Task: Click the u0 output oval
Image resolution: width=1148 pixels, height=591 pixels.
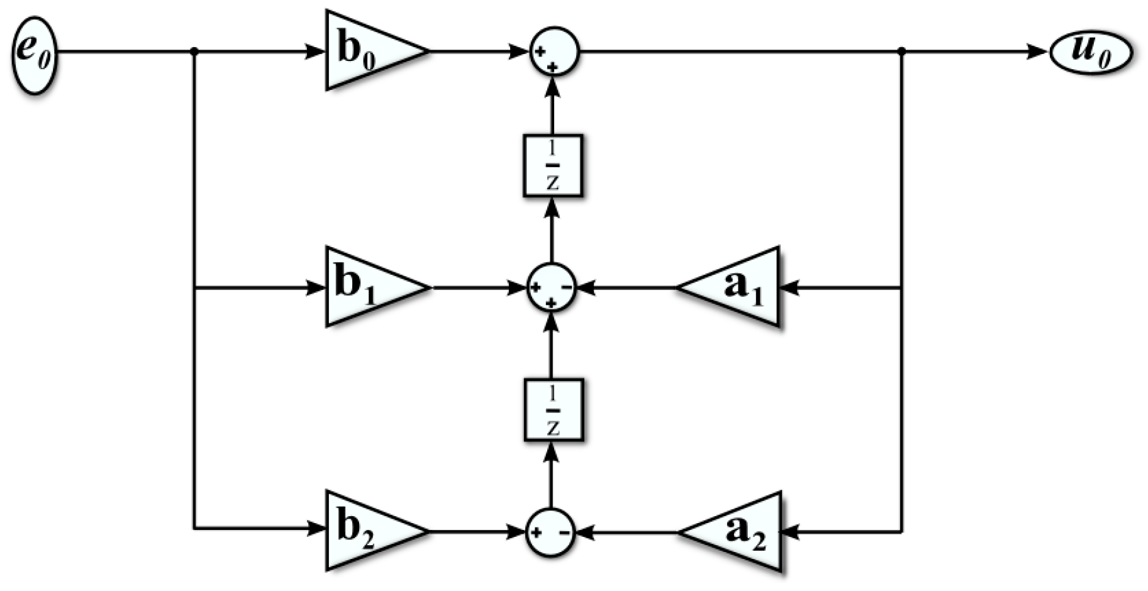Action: [1091, 52]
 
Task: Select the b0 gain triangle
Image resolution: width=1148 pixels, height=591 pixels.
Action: [368, 51]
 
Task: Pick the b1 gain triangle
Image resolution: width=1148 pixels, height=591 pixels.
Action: [368, 287]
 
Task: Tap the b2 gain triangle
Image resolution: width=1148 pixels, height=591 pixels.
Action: [368, 531]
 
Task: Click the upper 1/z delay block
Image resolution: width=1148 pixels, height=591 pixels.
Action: [552, 165]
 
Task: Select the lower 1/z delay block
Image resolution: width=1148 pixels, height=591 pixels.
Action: [553, 410]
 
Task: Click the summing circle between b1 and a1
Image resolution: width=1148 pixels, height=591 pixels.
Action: [551, 287]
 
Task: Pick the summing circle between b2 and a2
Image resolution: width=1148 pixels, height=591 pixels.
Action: [550, 532]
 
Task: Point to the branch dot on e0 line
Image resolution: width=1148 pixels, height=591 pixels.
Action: [194, 52]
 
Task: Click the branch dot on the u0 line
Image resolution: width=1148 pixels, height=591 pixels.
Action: [901, 52]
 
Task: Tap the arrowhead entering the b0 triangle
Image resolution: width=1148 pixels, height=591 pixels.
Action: [315, 52]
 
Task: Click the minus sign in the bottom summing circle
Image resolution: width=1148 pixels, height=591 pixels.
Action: [564, 533]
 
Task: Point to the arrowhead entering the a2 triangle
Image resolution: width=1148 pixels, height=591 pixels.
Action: [791, 532]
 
